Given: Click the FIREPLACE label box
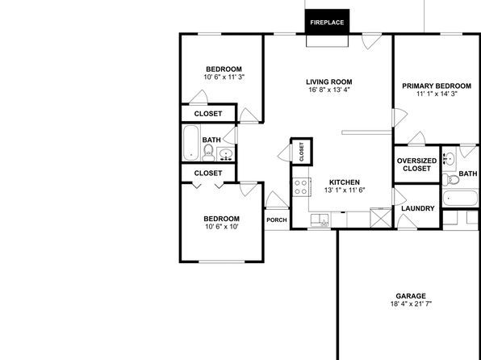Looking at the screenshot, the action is pyautogui.click(x=327, y=22).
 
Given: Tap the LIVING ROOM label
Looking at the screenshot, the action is pyautogui.click(x=328, y=82).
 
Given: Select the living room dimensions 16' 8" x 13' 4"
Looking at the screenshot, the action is pyautogui.click(x=329, y=90).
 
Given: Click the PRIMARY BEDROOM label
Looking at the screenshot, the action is pyautogui.click(x=437, y=86).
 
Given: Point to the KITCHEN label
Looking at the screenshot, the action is pyautogui.click(x=345, y=182).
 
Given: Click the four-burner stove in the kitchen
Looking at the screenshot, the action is pyautogui.click(x=302, y=187).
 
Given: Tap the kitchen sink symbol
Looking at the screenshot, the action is pyautogui.click(x=320, y=220).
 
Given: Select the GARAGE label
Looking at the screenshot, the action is pyautogui.click(x=411, y=296).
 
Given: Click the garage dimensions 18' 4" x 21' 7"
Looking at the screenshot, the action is pyautogui.click(x=411, y=304).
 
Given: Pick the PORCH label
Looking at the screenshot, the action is pyautogui.click(x=277, y=220).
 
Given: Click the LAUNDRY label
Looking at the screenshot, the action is pyautogui.click(x=418, y=208).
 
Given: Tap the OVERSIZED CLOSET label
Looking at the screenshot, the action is pyautogui.click(x=417, y=165).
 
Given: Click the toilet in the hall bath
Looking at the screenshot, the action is pyautogui.click(x=208, y=153).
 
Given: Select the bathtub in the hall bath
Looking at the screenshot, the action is pyautogui.click(x=190, y=143).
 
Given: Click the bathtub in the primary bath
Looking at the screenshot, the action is pyautogui.click(x=460, y=198).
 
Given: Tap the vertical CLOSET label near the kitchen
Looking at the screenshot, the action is pyautogui.click(x=301, y=152).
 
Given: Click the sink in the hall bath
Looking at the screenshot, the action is pyautogui.click(x=226, y=154).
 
